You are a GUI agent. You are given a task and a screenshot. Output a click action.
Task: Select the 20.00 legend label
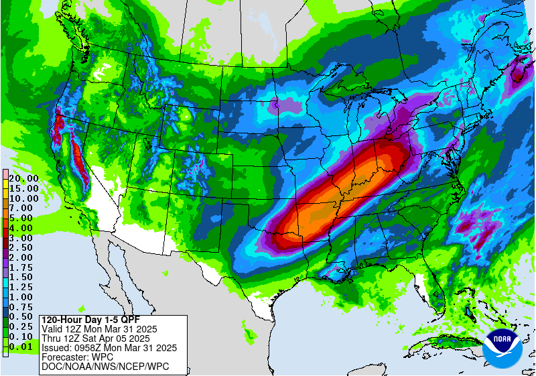point(23,179)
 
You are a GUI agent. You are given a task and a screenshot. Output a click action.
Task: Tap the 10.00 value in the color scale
point(23,198)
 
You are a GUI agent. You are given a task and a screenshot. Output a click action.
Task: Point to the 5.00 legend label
point(23,218)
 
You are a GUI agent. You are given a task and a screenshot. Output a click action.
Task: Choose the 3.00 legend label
point(23,238)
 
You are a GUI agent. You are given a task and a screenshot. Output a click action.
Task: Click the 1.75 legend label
point(23,267)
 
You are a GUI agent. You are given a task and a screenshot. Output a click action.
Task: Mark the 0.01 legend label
point(23,346)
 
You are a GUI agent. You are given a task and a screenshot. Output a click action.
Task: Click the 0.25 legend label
point(23,326)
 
